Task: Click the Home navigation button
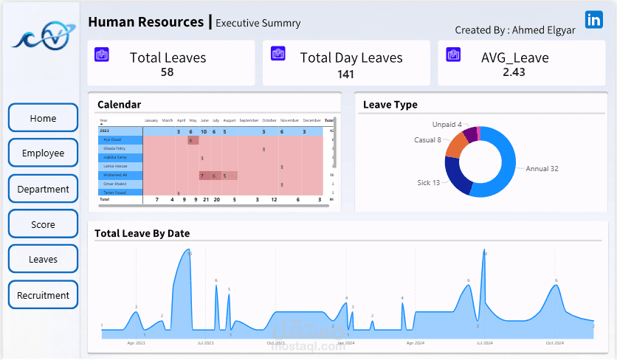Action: [x=43, y=118]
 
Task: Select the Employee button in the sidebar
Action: [x=43, y=153]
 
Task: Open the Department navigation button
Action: [x=43, y=189]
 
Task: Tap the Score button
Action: [x=43, y=224]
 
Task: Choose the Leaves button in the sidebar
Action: [x=43, y=260]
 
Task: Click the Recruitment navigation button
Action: [x=43, y=295]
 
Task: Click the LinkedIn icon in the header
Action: [x=593, y=20]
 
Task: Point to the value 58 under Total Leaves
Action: [x=168, y=72]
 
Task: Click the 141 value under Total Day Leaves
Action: [x=346, y=74]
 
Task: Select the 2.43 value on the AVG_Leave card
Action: [x=514, y=72]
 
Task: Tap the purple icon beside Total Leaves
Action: [x=102, y=54]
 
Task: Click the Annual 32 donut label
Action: [x=542, y=169]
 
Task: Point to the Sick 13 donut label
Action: [x=428, y=182]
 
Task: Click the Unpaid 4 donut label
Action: [x=448, y=125]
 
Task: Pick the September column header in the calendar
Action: [x=249, y=120]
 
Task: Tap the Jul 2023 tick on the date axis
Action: [x=205, y=343]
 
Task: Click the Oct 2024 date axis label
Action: [x=554, y=343]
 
